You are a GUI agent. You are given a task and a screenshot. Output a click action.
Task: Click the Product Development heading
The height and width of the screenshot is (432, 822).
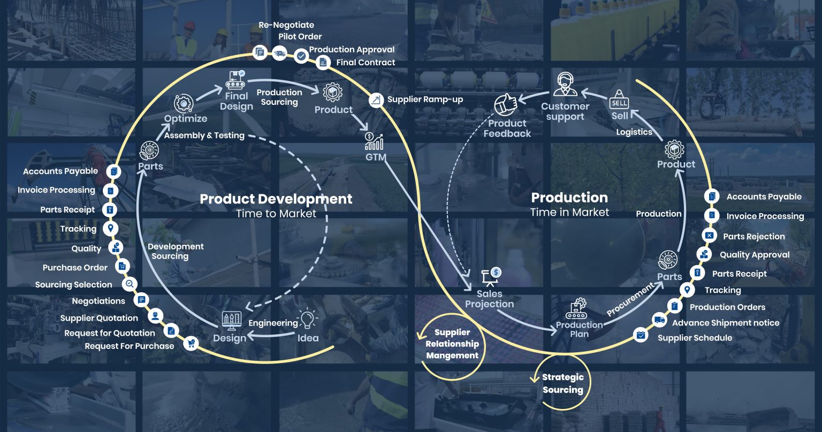(276, 199)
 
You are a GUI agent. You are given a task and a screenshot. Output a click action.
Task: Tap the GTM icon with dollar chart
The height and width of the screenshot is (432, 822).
(374, 141)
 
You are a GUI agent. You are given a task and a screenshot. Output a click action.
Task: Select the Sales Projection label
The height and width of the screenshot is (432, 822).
(489, 299)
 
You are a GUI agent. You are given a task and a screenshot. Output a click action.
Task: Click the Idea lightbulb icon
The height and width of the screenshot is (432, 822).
(307, 320)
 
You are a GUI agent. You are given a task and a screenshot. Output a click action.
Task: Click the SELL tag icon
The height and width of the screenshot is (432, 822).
(619, 100)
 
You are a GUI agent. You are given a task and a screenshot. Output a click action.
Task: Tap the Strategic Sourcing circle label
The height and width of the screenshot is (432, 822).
(562, 383)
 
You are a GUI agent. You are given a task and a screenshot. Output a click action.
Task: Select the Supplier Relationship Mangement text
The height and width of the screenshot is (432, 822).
(452, 344)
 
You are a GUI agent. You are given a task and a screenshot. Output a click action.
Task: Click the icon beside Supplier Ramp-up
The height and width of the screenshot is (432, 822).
(377, 100)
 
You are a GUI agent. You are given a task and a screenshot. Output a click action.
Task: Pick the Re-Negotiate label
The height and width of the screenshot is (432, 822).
(286, 25)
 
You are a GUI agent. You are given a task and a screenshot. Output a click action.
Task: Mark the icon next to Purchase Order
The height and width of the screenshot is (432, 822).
(123, 266)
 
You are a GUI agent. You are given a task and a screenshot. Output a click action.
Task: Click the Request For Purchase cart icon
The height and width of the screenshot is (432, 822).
(191, 344)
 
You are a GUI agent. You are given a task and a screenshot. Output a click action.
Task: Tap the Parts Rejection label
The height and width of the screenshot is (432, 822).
(753, 236)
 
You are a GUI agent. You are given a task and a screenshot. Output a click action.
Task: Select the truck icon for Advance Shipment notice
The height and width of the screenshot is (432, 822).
(659, 321)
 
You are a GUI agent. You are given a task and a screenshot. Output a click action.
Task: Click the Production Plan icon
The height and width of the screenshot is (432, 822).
(576, 308)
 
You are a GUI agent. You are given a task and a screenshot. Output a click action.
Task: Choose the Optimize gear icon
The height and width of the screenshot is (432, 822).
(184, 103)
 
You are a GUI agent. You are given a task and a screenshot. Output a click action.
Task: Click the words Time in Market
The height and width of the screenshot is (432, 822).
(569, 213)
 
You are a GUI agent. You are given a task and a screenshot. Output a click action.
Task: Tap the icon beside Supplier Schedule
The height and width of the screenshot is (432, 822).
(640, 336)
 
